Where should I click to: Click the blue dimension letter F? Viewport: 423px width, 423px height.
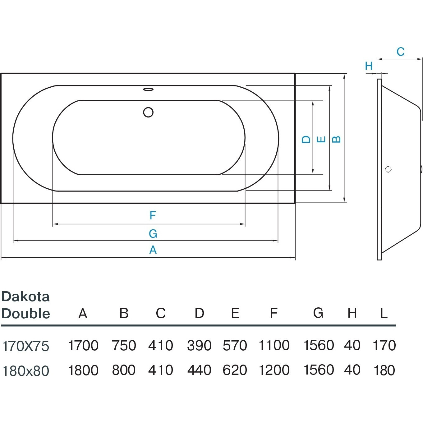(x=152, y=215)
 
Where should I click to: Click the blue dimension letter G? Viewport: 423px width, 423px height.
(x=153, y=233)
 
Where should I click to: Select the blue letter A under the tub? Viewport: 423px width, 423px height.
(x=153, y=250)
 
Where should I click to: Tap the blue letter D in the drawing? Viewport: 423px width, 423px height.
(x=306, y=139)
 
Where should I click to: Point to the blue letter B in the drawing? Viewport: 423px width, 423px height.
(x=336, y=139)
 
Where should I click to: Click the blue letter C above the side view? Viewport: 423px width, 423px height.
(x=400, y=52)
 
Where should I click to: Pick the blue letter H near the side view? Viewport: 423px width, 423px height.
(x=369, y=66)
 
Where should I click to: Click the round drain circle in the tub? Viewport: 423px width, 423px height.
(x=148, y=112)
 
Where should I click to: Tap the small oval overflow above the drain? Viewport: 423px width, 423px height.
(x=148, y=90)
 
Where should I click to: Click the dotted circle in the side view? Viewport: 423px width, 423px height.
(x=388, y=169)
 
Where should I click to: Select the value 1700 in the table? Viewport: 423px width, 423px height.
(x=83, y=345)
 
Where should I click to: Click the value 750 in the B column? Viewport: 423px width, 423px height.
(x=124, y=345)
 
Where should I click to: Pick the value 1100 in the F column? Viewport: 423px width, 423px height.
(x=274, y=345)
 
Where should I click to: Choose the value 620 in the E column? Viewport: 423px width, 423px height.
(x=235, y=370)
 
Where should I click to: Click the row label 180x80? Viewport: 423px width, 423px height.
(x=26, y=371)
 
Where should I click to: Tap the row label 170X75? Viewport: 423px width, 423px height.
(x=26, y=346)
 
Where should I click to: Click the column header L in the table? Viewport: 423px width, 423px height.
(x=384, y=314)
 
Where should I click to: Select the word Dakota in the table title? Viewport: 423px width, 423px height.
(x=25, y=297)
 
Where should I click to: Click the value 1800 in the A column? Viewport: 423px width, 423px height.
(x=83, y=370)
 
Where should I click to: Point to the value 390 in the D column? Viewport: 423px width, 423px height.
(x=199, y=345)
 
